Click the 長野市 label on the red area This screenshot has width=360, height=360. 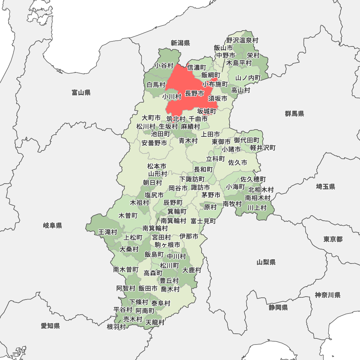pyautogui.click(x=194, y=94)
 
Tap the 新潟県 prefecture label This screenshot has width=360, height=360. pyautogui.click(x=180, y=43)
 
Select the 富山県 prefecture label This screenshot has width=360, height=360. pyautogui.click(x=81, y=93)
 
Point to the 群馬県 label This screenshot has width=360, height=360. pyautogui.click(x=294, y=114)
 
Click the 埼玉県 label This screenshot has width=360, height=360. pyautogui.click(x=325, y=186)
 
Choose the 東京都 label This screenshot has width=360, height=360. pyautogui.click(x=333, y=239)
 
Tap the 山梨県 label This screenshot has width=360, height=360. pyautogui.click(x=266, y=262)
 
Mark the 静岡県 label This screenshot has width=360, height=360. pyautogui.click(x=278, y=307)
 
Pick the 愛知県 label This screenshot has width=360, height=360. pyautogui.click(x=50, y=326)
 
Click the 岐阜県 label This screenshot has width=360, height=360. pyautogui.click(x=53, y=226)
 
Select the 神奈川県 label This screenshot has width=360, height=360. pyautogui.click(x=328, y=295)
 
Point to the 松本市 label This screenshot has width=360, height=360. pyautogui.click(x=157, y=166)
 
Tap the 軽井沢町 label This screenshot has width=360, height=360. pyautogui.click(x=263, y=148)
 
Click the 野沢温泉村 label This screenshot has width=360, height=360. pyautogui.click(x=242, y=40)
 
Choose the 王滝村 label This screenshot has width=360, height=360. pyautogui.click(x=108, y=232)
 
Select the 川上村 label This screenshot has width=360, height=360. pyautogui.click(x=257, y=207)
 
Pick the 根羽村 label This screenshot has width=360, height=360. pyautogui.click(x=116, y=327)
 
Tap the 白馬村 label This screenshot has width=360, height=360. pyautogui.click(x=156, y=85)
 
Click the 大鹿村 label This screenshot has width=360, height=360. pyautogui.click(x=192, y=270)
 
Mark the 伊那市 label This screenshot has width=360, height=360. pyautogui.click(x=189, y=237)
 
